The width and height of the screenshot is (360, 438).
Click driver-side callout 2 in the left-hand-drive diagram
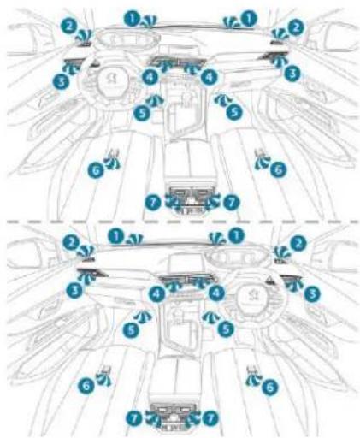click(68, 27)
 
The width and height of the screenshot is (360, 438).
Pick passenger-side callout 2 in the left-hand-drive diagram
click(296, 27)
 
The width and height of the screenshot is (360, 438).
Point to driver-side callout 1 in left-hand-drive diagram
click(131, 15)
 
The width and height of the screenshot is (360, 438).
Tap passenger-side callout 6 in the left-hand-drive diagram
click(275, 170)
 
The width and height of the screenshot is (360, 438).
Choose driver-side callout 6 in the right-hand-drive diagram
click(269, 387)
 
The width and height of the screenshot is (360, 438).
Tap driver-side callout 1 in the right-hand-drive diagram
click(237, 233)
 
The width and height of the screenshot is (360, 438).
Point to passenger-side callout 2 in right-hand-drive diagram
click(69, 244)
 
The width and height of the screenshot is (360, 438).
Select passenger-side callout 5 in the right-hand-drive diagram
click(131, 328)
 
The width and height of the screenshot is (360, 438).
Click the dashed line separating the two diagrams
click(180, 220)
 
